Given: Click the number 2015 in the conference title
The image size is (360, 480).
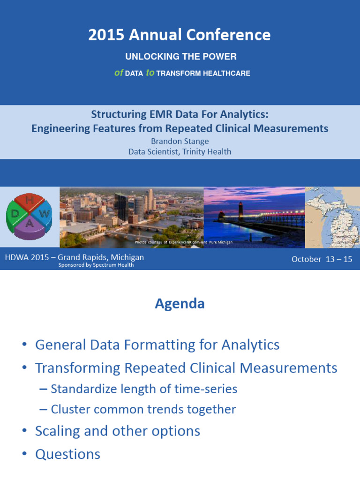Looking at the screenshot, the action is [106, 35].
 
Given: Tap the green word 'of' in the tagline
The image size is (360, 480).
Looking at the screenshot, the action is [119, 73].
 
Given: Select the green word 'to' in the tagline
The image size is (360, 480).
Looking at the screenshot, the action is [150, 73].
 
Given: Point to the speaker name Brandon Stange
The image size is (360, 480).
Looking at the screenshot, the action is [180, 141].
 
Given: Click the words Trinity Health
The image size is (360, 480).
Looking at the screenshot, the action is [207, 151].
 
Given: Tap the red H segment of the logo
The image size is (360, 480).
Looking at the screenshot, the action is [30, 201].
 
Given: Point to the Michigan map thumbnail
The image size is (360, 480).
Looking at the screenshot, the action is [332, 217].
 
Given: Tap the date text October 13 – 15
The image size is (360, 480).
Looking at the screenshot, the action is [322, 259].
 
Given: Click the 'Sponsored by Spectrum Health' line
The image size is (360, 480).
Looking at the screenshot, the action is [96, 265].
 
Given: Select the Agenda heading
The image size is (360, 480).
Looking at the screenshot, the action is [180, 304].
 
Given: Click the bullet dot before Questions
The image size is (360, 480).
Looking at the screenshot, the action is [24, 454].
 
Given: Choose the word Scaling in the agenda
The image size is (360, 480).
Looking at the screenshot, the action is [58, 431].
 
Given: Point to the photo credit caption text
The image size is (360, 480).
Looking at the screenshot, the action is [184, 242].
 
